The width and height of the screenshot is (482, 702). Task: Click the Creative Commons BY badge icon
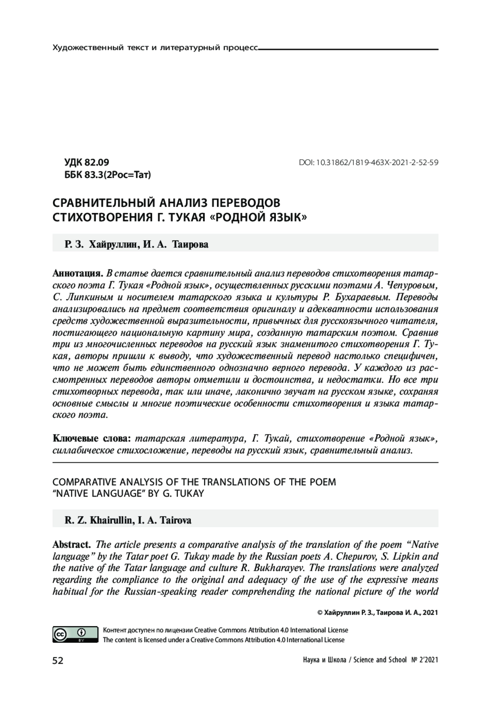(x=75, y=634)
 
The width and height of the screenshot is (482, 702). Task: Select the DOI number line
(x=368, y=163)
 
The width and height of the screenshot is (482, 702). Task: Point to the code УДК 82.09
(x=87, y=162)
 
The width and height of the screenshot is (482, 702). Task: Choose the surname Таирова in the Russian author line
(x=190, y=244)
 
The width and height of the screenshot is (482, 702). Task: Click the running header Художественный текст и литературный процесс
(x=155, y=48)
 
